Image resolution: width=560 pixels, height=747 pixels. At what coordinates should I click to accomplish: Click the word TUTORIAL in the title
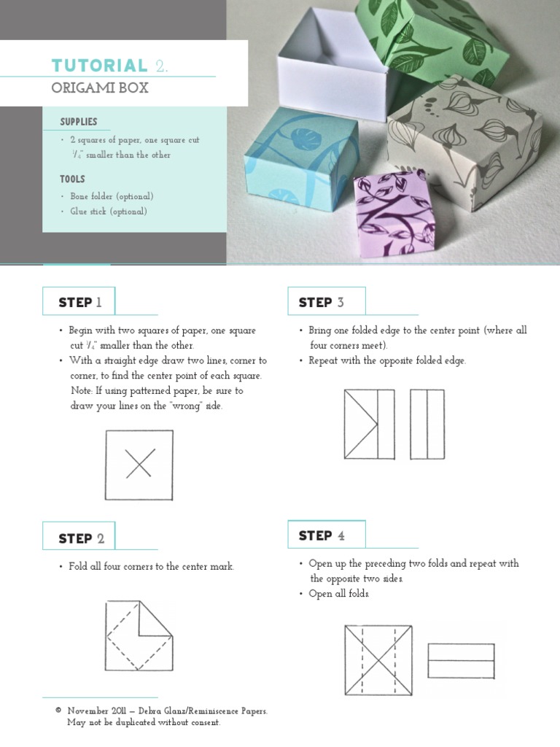coord(99,66)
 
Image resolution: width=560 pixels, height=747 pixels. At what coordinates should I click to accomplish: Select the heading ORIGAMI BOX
coord(100,88)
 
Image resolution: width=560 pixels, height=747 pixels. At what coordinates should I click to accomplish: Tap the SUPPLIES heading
coord(79,122)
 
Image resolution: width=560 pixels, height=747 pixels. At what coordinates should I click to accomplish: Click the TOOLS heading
coord(72,179)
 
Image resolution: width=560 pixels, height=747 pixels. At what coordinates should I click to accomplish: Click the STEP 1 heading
coord(80,303)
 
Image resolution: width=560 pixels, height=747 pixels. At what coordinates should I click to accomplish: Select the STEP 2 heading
coord(81,538)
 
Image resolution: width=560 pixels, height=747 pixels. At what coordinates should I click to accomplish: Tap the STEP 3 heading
coord(321,303)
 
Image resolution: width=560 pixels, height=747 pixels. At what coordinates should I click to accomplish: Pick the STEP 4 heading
coord(322,535)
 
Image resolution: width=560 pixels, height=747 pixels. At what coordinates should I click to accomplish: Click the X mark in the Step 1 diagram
coord(140,463)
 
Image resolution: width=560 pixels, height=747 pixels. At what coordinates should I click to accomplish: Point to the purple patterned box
coord(393,216)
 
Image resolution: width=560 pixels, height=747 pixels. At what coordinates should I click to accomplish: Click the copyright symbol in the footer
coord(58,711)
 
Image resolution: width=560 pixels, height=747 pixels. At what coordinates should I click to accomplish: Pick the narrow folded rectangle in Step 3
coord(427,425)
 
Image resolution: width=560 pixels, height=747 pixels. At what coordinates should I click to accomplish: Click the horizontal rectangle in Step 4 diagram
coord(461,661)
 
